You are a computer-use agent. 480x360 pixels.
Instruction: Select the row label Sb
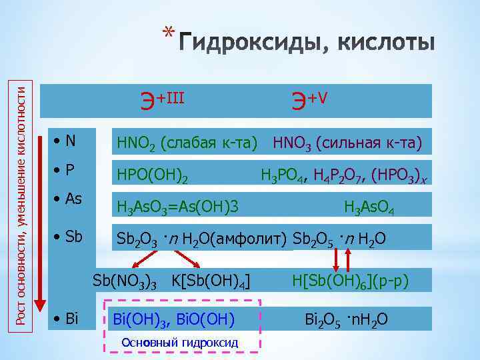pos(69,237)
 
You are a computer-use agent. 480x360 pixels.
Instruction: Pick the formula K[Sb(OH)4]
pos(211,281)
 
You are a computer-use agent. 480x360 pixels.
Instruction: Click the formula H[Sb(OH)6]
pos(331,281)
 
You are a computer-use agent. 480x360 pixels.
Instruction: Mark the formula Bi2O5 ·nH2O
pos(346,321)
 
